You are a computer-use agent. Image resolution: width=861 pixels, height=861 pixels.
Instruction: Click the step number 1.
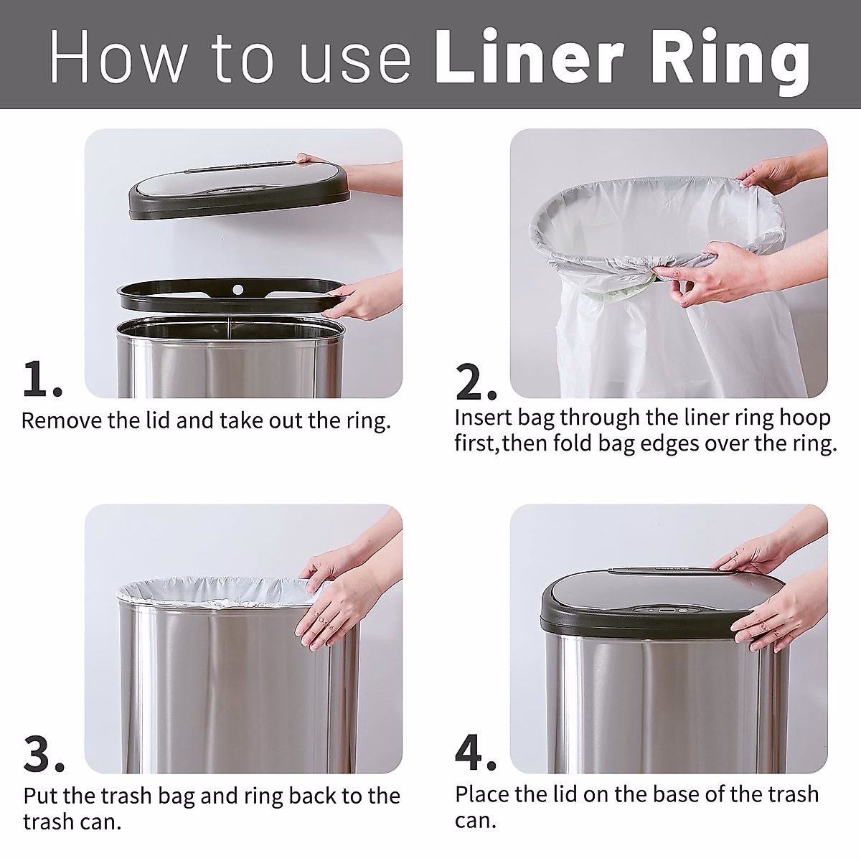[42, 379]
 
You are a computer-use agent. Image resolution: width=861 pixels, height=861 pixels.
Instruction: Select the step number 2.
[475, 382]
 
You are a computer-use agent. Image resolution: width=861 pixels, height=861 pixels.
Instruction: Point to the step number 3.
[43, 754]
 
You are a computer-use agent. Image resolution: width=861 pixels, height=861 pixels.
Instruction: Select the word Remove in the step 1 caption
[62, 420]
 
